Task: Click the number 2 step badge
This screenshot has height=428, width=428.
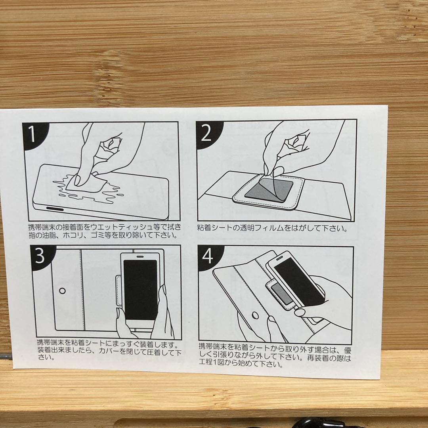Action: (x=206, y=134)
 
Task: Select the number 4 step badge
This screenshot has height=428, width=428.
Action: (x=208, y=258)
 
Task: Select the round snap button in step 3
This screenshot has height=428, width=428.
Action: (x=62, y=291)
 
